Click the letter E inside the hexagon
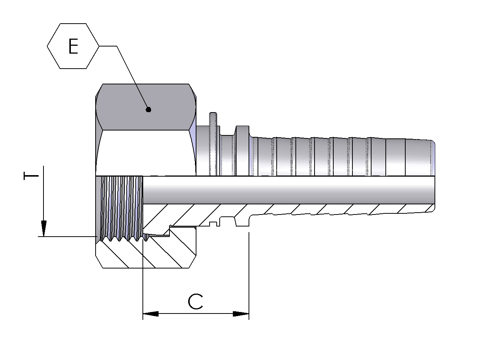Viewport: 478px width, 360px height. click(x=73, y=46)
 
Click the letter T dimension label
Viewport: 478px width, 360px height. click(x=31, y=176)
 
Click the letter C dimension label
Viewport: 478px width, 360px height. click(x=195, y=301)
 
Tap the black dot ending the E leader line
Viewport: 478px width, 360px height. click(x=148, y=110)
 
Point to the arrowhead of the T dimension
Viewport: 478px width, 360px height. click(x=43, y=228)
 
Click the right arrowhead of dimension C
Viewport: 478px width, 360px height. click(x=241, y=313)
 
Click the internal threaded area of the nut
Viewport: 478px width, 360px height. click(x=122, y=206)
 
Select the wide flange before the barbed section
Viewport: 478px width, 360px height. click(x=241, y=150)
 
